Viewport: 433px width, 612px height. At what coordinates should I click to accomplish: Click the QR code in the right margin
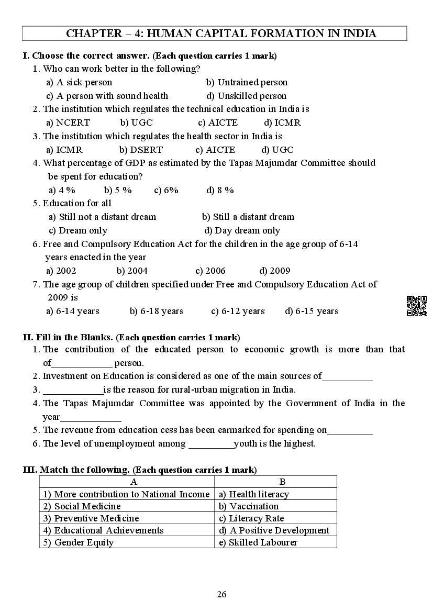(x=417, y=306)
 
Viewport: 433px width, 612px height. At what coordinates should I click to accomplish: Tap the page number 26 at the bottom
(x=221, y=594)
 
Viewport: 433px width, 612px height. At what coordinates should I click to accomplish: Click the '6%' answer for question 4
(x=166, y=190)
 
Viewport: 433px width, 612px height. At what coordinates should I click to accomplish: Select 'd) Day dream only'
(x=242, y=230)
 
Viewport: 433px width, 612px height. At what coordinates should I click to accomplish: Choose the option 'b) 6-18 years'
(x=157, y=311)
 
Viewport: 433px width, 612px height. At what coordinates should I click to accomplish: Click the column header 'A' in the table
(x=134, y=482)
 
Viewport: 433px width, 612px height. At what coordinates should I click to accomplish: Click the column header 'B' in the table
(x=282, y=482)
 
